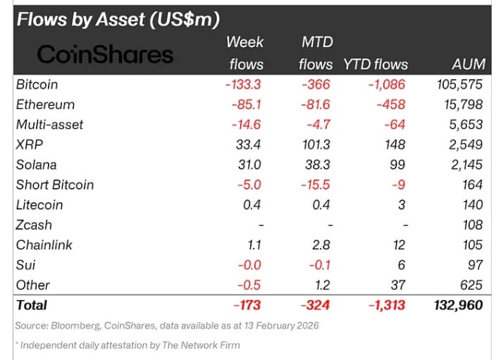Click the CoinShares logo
(x=104, y=54)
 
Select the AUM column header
(x=468, y=64)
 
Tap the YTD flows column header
(x=375, y=64)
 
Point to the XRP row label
(x=30, y=144)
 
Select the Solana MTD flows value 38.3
(x=314, y=165)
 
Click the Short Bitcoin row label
(x=54, y=185)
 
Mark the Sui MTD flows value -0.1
(x=318, y=265)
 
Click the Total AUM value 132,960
(x=457, y=305)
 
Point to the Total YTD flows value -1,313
(x=385, y=305)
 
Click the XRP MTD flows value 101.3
(x=311, y=144)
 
